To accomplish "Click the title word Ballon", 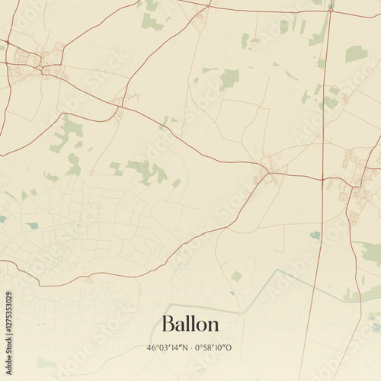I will coord(190,324).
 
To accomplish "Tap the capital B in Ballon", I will coord(167,324).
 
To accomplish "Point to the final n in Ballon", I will coord(213,325).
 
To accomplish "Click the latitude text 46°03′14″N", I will coord(168,348).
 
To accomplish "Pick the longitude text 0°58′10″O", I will coord(213,348).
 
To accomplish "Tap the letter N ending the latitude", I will coord(187,348).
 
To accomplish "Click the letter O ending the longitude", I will coord(229,348).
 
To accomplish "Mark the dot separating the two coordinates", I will coord(193,348).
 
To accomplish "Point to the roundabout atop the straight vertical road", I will coord(331,8).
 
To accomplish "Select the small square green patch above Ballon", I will coord(236,276).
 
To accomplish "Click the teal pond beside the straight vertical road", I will coord(315,235).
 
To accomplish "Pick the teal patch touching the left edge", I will coord(2,219).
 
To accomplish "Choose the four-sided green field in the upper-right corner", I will coord(356,53).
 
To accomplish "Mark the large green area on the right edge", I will coord(371,253).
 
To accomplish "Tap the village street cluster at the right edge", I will coord(354,187).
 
